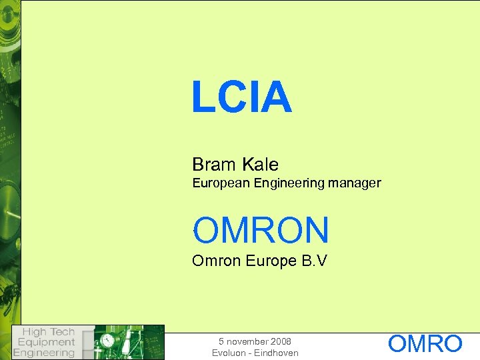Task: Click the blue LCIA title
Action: pyautogui.click(x=241, y=97)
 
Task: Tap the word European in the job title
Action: pyautogui.click(x=221, y=183)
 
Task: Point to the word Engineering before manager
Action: pyautogui.click(x=291, y=183)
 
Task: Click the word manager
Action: pyautogui.click(x=356, y=183)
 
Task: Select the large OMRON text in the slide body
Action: pyautogui.click(x=261, y=230)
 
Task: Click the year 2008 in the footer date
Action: pyautogui.click(x=280, y=341)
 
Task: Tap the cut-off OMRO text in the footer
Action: pyautogui.click(x=425, y=344)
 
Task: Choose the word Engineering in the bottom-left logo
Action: pyautogui.click(x=44, y=353)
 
